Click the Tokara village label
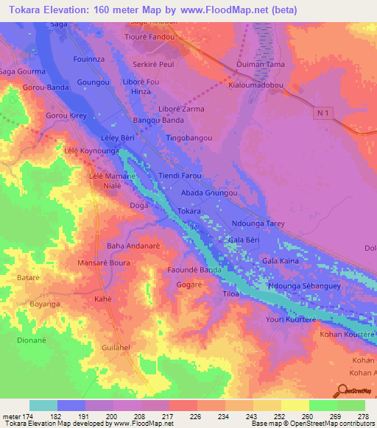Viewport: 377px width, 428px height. [x=189, y=210]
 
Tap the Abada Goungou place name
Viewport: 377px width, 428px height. [x=210, y=193]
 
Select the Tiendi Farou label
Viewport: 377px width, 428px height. [x=180, y=176]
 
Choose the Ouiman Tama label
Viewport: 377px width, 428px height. [x=260, y=65]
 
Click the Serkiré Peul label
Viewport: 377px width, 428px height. [x=152, y=65]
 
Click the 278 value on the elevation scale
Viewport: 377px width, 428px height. [x=362, y=416]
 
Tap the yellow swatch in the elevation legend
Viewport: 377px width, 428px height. [x=295, y=405]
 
